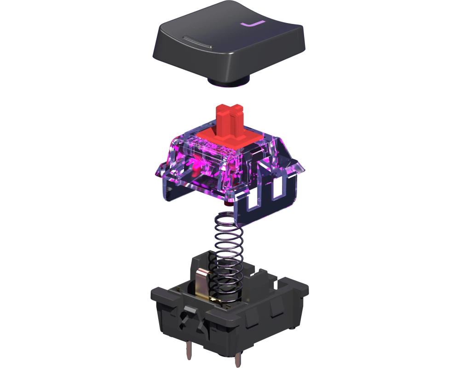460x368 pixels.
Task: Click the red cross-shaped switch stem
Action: (230, 121)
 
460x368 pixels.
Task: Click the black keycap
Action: (228, 44)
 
